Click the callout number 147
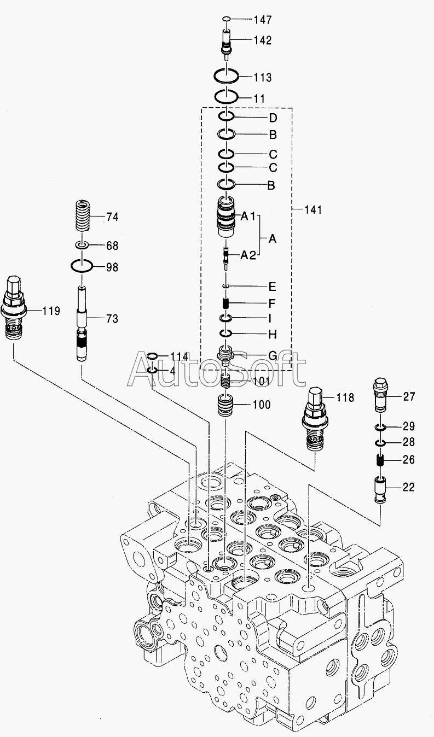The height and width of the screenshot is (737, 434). tap(263, 20)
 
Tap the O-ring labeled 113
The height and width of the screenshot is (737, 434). tap(225, 77)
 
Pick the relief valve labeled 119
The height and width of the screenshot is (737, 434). tap(14, 307)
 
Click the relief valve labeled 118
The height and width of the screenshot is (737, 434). tap(315, 418)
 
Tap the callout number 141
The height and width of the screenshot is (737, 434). tap(313, 209)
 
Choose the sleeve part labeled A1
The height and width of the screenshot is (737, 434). tap(225, 217)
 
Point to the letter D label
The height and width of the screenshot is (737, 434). tap(273, 118)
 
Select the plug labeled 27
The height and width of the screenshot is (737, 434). tap(381, 395)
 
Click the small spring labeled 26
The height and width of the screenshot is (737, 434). tap(380, 460)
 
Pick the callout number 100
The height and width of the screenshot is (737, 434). tap(262, 405)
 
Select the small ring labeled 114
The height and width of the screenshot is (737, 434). tap(153, 356)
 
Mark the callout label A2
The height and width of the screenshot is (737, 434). tap(248, 255)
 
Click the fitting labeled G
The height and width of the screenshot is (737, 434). tap(226, 355)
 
